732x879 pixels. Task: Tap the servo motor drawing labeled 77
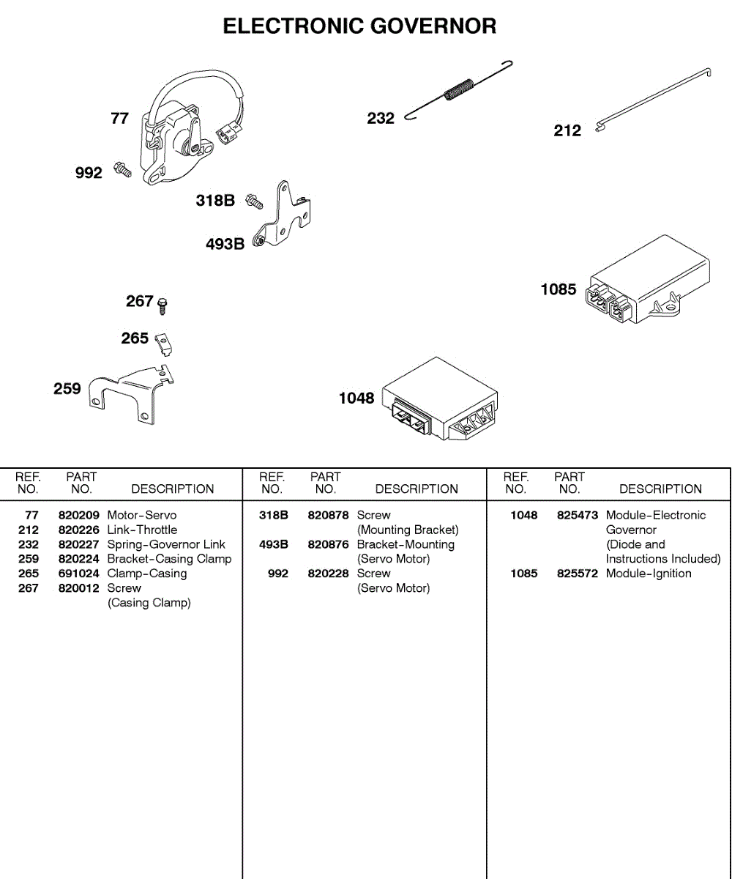click(179, 136)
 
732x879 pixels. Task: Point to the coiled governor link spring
click(459, 90)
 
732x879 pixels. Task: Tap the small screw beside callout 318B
click(254, 199)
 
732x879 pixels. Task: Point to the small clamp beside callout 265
click(165, 342)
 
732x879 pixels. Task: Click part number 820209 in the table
click(79, 515)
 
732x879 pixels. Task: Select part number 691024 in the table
click(79, 574)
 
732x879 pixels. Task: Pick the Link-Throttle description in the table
click(142, 530)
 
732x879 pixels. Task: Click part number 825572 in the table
click(578, 574)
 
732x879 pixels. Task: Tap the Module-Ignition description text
click(649, 574)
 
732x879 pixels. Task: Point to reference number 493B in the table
click(274, 544)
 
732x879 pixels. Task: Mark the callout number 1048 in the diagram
click(356, 398)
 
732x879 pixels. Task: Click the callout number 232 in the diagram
click(381, 119)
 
